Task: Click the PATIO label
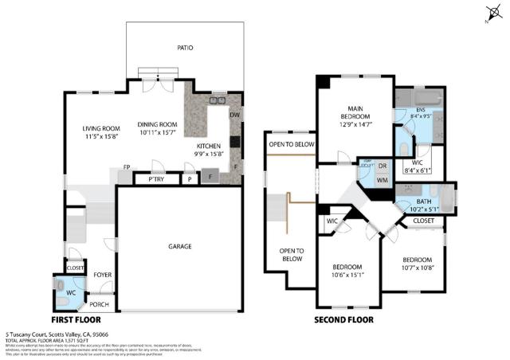185,48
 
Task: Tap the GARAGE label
179,247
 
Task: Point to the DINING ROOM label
157,124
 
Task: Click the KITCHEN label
209,147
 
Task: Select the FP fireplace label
127,167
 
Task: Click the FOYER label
103,275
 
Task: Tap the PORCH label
99,303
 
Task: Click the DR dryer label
382,166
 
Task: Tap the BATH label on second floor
423,202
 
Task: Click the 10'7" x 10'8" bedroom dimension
417,268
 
